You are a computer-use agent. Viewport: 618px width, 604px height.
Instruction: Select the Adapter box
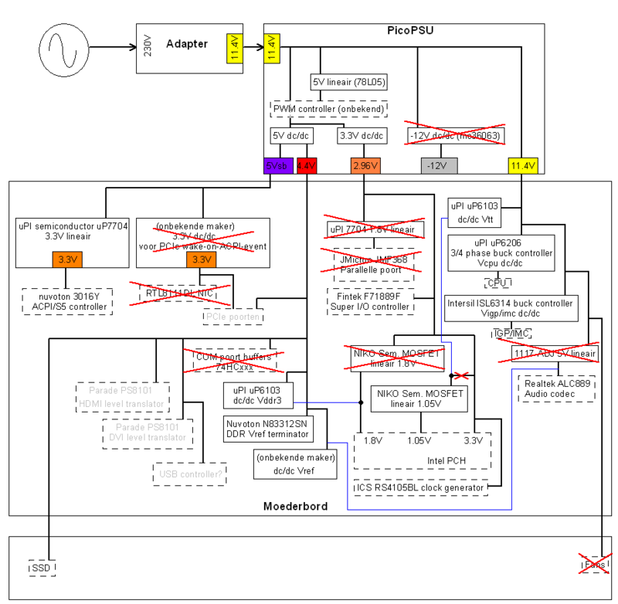[190, 48]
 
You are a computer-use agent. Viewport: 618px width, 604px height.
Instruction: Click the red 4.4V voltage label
[307, 165]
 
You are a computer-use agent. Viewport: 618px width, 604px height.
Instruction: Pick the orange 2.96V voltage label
[363, 165]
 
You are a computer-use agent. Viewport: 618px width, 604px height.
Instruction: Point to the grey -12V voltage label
[439, 165]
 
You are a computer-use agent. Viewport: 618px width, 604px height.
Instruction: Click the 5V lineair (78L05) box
[349, 81]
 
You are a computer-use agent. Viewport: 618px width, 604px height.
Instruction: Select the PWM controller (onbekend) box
[328, 109]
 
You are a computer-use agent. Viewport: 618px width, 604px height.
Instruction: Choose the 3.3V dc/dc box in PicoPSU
[362, 134]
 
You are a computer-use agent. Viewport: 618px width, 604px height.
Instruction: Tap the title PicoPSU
[409, 30]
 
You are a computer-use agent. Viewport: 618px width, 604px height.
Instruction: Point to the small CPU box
[497, 282]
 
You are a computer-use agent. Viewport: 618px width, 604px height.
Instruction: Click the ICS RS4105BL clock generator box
[419, 487]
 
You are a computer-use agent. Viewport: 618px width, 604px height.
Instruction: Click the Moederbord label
[294, 506]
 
